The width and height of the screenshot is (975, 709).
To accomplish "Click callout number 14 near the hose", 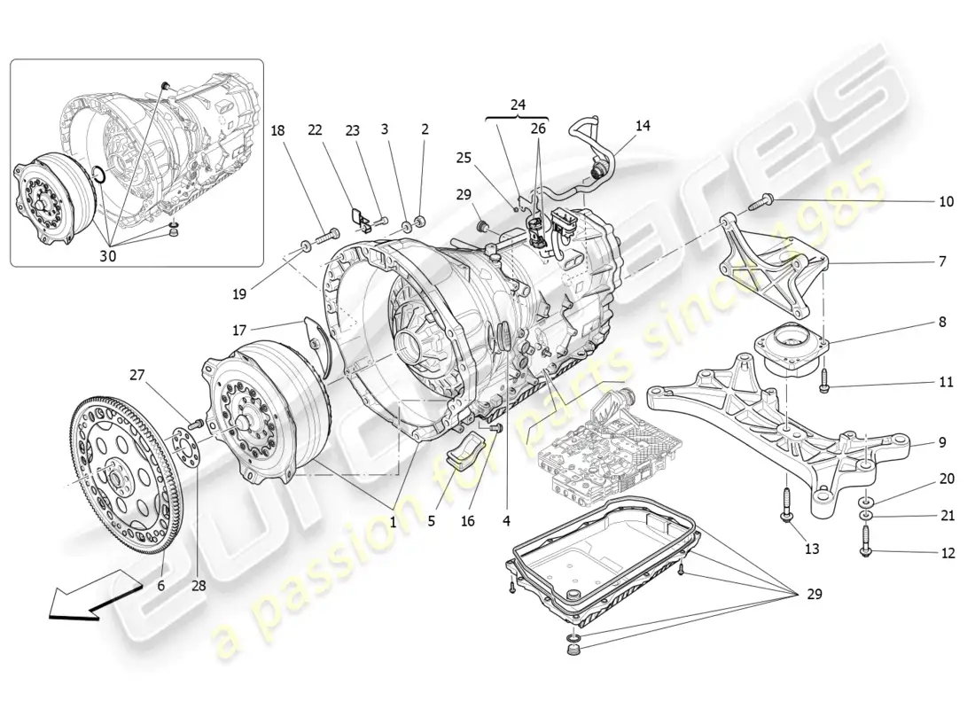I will pos(643,126).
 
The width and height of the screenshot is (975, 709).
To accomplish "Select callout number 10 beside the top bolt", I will pos(947,201).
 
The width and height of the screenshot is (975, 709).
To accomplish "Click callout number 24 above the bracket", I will pos(518,105).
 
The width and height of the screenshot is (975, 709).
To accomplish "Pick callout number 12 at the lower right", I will pos(948,554).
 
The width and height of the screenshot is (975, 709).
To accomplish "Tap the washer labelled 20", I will pos(864,503).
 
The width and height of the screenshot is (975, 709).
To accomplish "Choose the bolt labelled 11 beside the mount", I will pos(824,383).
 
